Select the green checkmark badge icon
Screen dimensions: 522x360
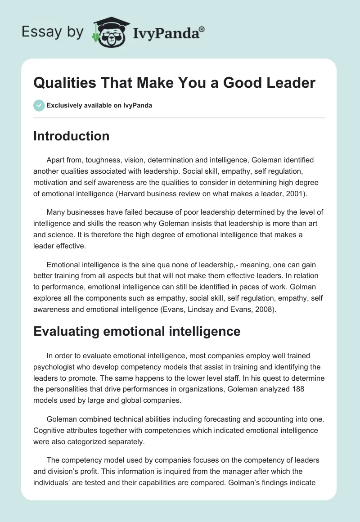[x=38, y=105]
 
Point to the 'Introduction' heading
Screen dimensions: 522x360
[x=71, y=136]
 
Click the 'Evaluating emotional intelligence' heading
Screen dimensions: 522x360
[x=137, y=332]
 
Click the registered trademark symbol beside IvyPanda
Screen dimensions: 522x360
[x=202, y=28]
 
